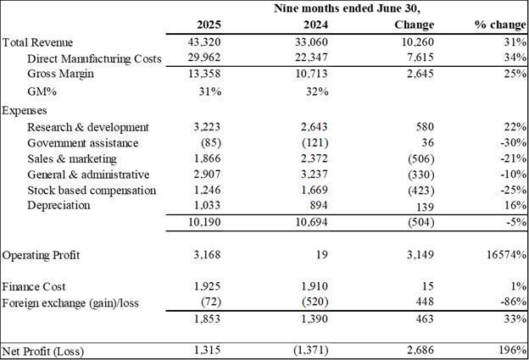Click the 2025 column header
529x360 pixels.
[209, 25]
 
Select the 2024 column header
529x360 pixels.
[315, 25]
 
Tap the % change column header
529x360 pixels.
[501, 25]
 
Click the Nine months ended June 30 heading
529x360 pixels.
[348, 8]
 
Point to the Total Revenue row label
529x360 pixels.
[37, 43]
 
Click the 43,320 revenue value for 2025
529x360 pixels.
[204, 42]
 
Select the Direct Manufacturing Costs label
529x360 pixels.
[94, 58]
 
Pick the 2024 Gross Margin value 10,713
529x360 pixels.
[311, 74]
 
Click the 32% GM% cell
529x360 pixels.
[317, 91]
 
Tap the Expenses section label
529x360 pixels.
[25, 111]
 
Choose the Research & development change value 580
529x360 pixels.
[425, 127]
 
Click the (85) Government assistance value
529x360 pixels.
[211, 143]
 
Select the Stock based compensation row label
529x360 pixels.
[92, 191]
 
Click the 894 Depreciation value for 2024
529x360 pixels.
[319, 205]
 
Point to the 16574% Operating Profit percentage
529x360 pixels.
[506, 255]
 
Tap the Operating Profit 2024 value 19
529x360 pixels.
[322, 255]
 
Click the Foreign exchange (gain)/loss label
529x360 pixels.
[70, 303]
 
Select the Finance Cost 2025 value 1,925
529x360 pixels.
[207, 286]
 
